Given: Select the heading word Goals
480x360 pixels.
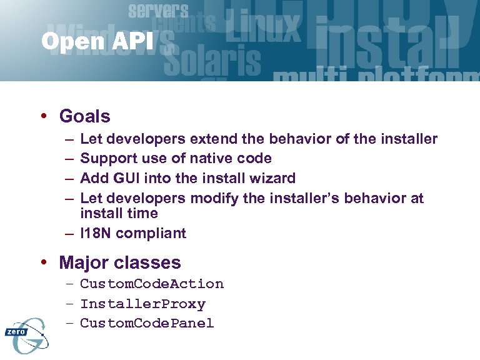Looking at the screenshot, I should pos(84,116).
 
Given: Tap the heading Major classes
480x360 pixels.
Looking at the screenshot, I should pos(119,262).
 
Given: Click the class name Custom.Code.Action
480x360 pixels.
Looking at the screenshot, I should pos(152,284).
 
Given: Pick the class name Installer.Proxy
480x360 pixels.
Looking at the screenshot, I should pos(142,304).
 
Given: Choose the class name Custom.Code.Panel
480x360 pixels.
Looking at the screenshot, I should pos(147,323).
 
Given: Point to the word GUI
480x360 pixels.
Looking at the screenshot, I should pos(128,178).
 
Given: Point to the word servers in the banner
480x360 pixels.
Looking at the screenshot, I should pos(157,11).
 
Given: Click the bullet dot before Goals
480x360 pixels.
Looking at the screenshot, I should pos(46,117).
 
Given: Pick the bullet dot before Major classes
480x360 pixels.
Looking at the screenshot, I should pos(46,263).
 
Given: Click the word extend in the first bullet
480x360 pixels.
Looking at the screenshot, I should pos(211,139).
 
